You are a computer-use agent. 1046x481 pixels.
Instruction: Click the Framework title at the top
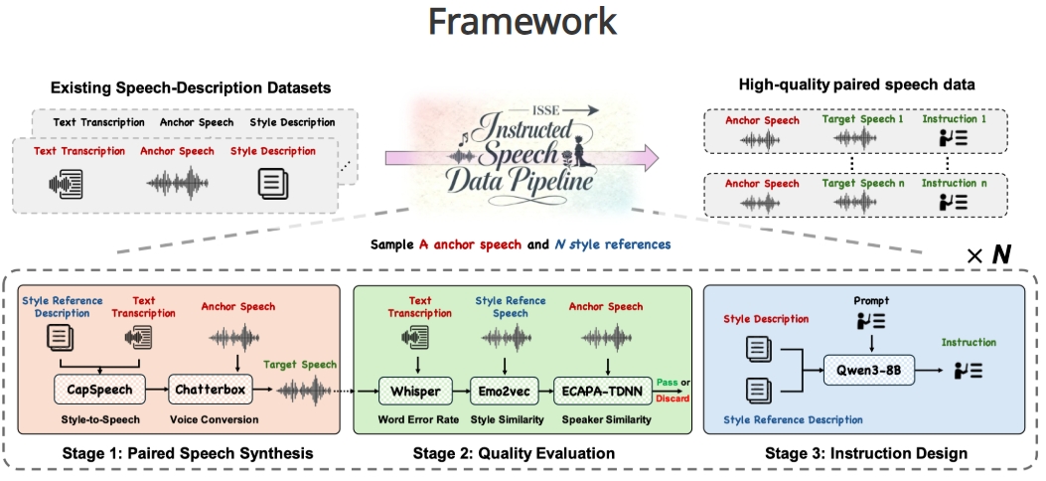(523, 21)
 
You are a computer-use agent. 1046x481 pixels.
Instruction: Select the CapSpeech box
(100, 391)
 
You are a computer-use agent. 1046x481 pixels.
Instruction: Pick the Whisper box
(415, 391)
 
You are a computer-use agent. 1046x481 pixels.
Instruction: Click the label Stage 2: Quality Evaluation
(513, 453)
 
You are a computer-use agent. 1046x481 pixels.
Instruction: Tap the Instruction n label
(955, 182)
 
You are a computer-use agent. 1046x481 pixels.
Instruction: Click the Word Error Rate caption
(414, 419)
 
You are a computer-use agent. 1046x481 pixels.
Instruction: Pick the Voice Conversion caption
(214, 419)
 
